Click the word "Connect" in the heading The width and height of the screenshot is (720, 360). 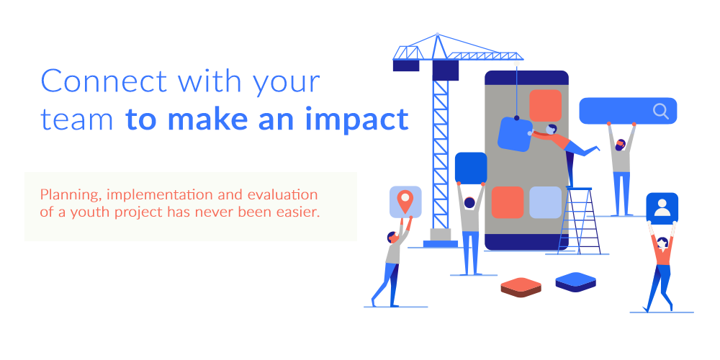(104, 81)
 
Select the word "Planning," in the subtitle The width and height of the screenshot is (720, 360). (71, 194)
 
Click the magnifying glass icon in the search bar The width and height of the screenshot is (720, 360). (661, 111)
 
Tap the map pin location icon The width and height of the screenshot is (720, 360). (405, 202)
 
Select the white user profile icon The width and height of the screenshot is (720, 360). (662, 207)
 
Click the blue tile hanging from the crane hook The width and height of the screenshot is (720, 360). (516, 134)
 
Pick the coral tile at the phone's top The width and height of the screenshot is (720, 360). (545, 106)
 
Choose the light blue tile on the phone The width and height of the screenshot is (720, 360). (546, 202)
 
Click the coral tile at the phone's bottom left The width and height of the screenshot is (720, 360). (508, 202)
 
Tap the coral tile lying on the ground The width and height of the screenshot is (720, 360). (521, 287)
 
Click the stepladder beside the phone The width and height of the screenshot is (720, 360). (579, 220)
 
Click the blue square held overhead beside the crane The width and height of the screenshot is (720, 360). (471, 168)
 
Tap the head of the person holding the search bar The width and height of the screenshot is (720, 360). (620, 145)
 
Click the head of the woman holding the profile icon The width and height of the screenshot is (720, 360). (662, 243)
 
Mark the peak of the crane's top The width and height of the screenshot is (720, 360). (437, 34)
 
